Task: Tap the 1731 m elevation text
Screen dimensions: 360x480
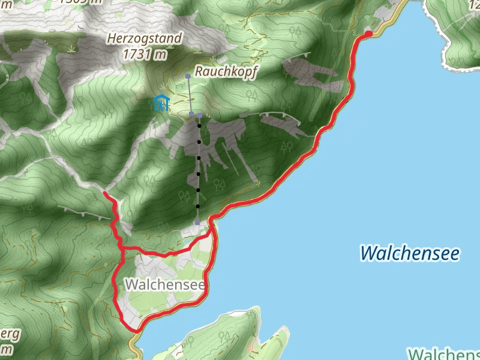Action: point(144,54)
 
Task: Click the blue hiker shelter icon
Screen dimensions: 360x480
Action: point(160,103)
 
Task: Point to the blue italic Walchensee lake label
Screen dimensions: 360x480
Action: point(410,253)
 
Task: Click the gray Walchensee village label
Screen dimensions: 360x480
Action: point(166,285)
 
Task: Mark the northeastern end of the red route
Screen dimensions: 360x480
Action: point(368,34)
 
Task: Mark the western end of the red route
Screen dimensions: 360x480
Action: point(105,193)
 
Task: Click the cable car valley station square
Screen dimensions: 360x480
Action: point(197,223)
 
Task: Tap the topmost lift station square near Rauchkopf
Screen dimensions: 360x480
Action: point(188,76)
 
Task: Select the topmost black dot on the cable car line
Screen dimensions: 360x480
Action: point(199,127)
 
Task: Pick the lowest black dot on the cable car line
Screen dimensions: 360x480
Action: point(197,206)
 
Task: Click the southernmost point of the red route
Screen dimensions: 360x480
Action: point(136,330)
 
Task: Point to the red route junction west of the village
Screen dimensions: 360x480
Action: point(122,248)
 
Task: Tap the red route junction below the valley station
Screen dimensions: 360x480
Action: point(209,235)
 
